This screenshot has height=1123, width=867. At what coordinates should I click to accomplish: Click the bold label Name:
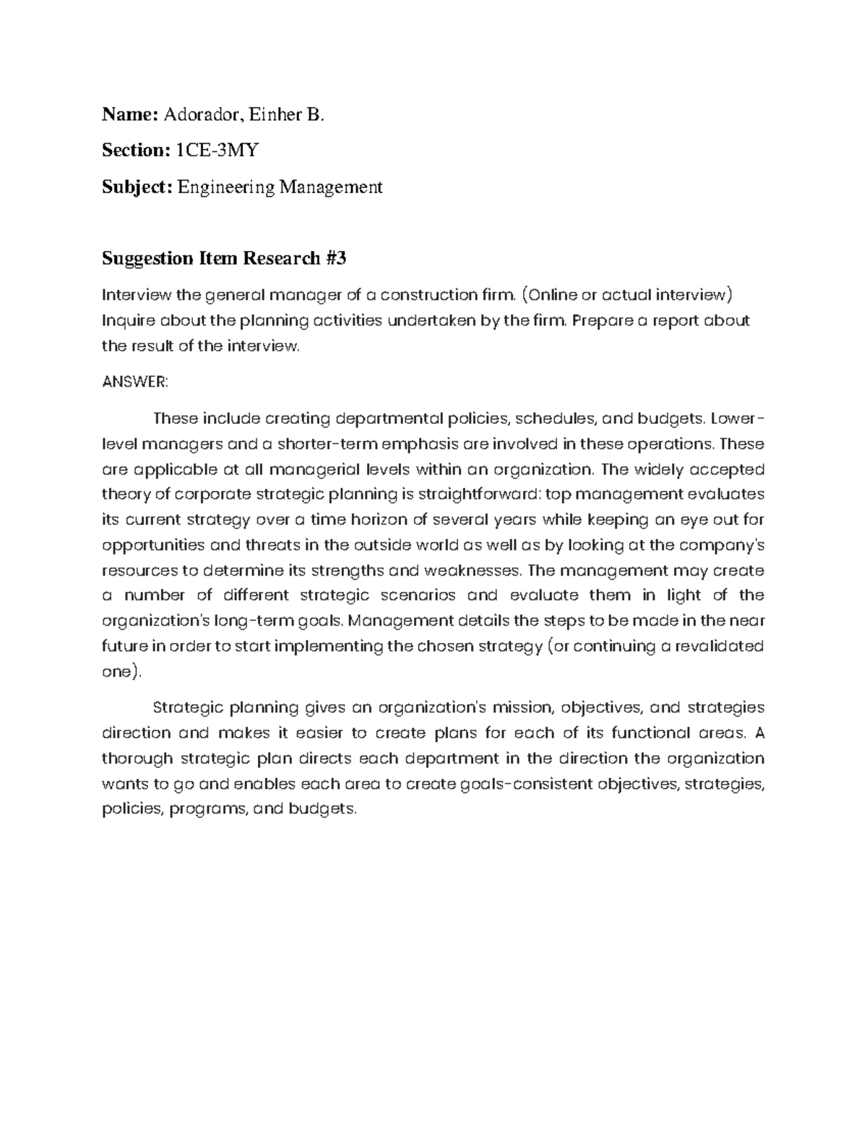click(x=130, y=114)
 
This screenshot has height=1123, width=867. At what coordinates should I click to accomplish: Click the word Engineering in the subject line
click(x=226, y=187)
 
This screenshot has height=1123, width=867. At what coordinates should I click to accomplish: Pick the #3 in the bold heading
click(x=336, y=258)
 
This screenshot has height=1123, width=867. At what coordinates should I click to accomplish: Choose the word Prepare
click(x=603, y=320)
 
